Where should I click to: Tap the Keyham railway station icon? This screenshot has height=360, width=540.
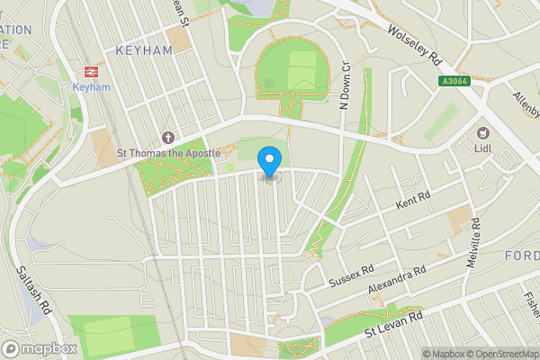[x=91, y=70]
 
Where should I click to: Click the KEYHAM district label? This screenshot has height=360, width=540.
[x=144, y=51]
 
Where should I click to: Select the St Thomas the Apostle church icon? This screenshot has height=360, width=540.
[x=167, y=137]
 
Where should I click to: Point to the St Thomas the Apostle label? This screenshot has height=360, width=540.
[x=169, y=153]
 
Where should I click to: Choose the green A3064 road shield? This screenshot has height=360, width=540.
[x=455, y=80]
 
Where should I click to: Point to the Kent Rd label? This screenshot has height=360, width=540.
[x=414, y=200]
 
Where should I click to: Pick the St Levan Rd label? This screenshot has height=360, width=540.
[x=393, y=325]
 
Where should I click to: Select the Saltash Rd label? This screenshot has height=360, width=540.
[x=34, y=287]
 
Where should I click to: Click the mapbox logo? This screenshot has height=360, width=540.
[x=40, y=348]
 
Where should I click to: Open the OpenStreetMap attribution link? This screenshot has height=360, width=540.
[x=500, y=354]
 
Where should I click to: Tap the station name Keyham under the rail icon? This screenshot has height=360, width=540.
[x=91, y=87]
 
